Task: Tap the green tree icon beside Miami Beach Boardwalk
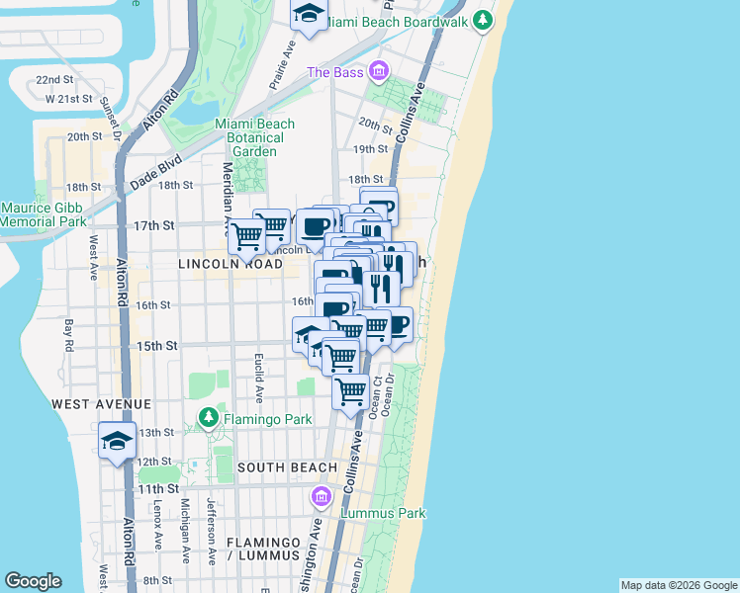pyautogui.click(x=482, y=20)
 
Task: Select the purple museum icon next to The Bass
pyautogui.click(x=378, y=71)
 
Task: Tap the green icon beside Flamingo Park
pyautogui.click(x=208, y=418)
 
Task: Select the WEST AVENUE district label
pyautogui.click(x=101, y=404)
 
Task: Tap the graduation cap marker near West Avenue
pyautogui.click(x=117, y=441)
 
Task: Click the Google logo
pyautogui.click(x=34, y=581)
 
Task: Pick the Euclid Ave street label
pyautogui.click(x=259, y=378)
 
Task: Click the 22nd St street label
pyautogui.click(x=54, y=79)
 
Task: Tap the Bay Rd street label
pyautogui.click(x=70, y=335)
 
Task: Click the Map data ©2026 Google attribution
pyautogui.click(x=679, y=585)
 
